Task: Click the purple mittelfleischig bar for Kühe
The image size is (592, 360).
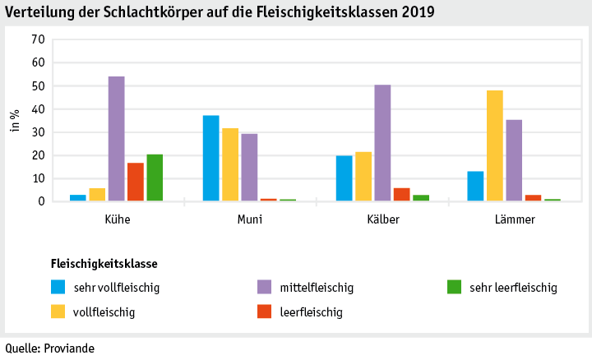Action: (x=117, y=139)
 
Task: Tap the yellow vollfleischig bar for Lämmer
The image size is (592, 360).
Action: (x=494, y=145)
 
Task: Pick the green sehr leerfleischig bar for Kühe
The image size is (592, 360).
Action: (x=155, y=178)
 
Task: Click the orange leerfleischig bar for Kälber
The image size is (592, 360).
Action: (x=401, y=195)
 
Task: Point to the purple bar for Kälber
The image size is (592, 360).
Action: (x=382, y=143)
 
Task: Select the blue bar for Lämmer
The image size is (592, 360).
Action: (x=475, y=186)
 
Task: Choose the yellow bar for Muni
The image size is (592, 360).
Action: (x=230, y=164)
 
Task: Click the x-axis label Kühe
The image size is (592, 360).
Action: (x=117, y=219)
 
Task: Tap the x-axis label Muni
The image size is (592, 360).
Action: (x=250, y=219)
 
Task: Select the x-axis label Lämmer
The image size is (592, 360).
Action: (x=515, y=219)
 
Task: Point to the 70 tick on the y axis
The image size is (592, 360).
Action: (x=36, y=39)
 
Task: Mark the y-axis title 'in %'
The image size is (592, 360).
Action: (x=14, y=120)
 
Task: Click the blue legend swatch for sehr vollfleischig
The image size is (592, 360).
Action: (x=58, y=287)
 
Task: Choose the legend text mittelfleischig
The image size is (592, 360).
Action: (x=317, y=288)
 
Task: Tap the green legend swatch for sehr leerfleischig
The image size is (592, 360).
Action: (x=454, y=287)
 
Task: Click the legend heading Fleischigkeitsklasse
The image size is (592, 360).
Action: (x=104, y=264)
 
